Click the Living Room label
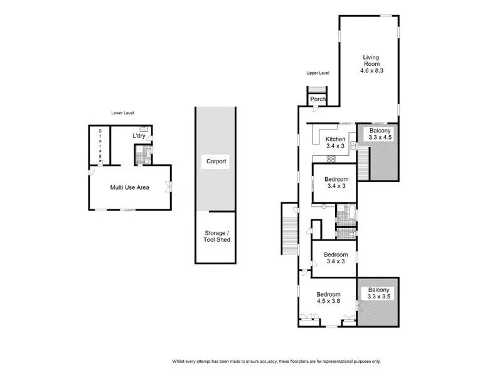[x=371, y=64]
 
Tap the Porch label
[x=318, y=99]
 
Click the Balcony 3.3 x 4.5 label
[x=380, y=133]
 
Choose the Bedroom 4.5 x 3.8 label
[x=328, y=297]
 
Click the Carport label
[x=216, y=161]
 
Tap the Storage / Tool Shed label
[x=216, y=236]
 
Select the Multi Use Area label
[x=129, y=187]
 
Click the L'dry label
[x=139, y=136]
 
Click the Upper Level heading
[x=318, y=74]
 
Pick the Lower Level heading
[x=122, y=113]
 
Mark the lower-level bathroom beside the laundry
[x=143, y=155]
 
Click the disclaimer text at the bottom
[x=276, y=361]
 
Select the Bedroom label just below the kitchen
[x=335, y=182]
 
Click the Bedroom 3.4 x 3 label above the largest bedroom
[x=335, y=258]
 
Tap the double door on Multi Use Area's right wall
[x=169, y=185]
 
